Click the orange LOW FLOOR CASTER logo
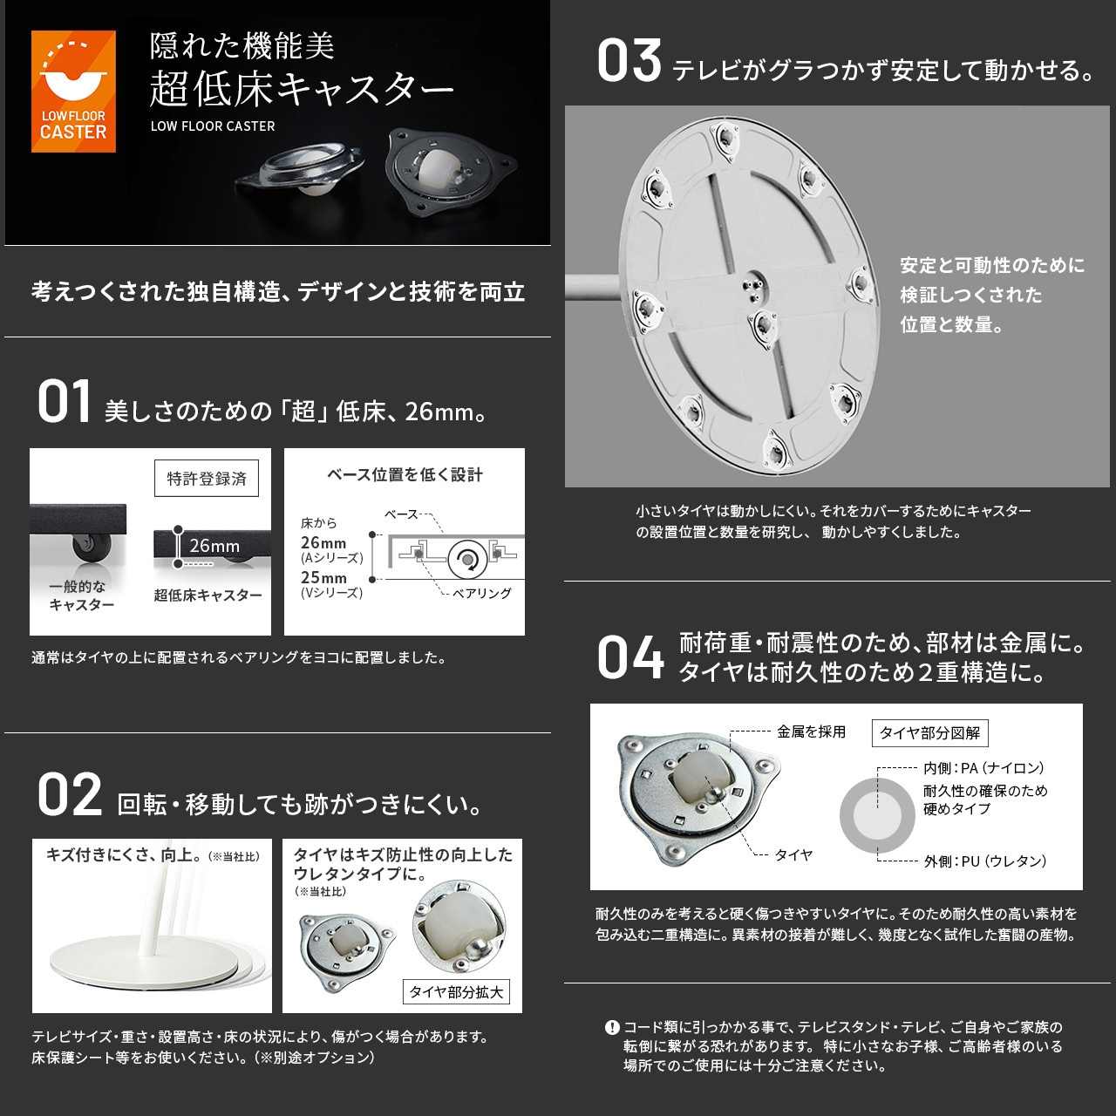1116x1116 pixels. pyautogui.click(x=73, y=92)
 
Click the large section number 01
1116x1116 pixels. pyautogui.click(x=64, y=403)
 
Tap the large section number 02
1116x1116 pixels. pyautogui.click(x=69, y=796)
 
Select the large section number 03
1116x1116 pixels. pyautogui.click(x=629, y=63)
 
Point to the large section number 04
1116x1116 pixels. pyautogui.click(x=630, y=658)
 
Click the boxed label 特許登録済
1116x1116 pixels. pyautogui.click(x=207, y=479)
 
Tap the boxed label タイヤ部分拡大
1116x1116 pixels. pyautogui.click(x=456, y=992)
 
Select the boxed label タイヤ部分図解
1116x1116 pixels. pyautogui.click(x=929, y=733)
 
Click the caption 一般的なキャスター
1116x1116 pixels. pyautogui.click(x=81, y=595)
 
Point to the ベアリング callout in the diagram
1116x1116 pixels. pyautogui.click(x=481, y=593)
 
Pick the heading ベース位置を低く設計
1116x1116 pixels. pyautogui.click(x=405, y=474)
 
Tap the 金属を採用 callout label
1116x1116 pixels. pyautogui.click(x=811, y=732)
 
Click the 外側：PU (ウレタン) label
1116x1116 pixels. pyautogui.click(x=984, y=861)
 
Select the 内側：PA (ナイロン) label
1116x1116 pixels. pyautogui.click(x=983, y=768)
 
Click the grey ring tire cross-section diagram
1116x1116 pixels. pyautogui.click(x=877, y=816)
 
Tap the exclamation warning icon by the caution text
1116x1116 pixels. pyautogui.click(x=612, y=1027)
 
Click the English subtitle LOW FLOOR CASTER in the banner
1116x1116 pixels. pyautogui.click(x=213, y=126)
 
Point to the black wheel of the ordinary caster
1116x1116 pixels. pyautogui.click(x=85, y=548)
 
